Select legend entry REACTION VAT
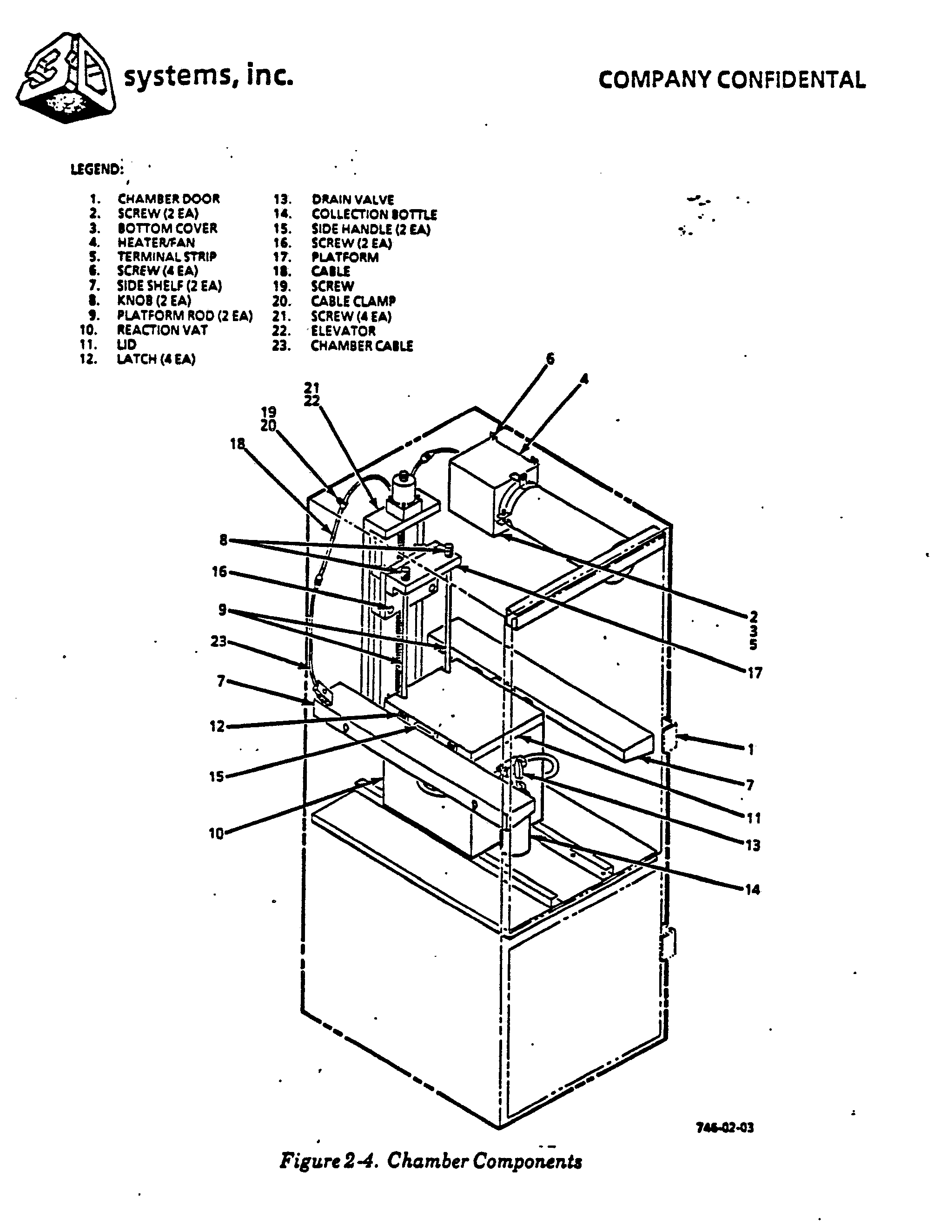(x=162, y=330)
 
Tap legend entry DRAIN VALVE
(x=353, y=199)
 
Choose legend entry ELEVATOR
(x=343, y=331)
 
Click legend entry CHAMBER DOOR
(x=168, y=198)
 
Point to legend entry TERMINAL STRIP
(x=166, y=257)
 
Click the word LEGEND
(x=96, y=169)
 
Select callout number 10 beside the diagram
(x=216, y=834)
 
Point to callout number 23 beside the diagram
(x=219, y=641)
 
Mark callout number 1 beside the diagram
(x=750, y=749)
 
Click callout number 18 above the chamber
(x=238, y=444)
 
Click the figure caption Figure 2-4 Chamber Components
(x=430, y=1161)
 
